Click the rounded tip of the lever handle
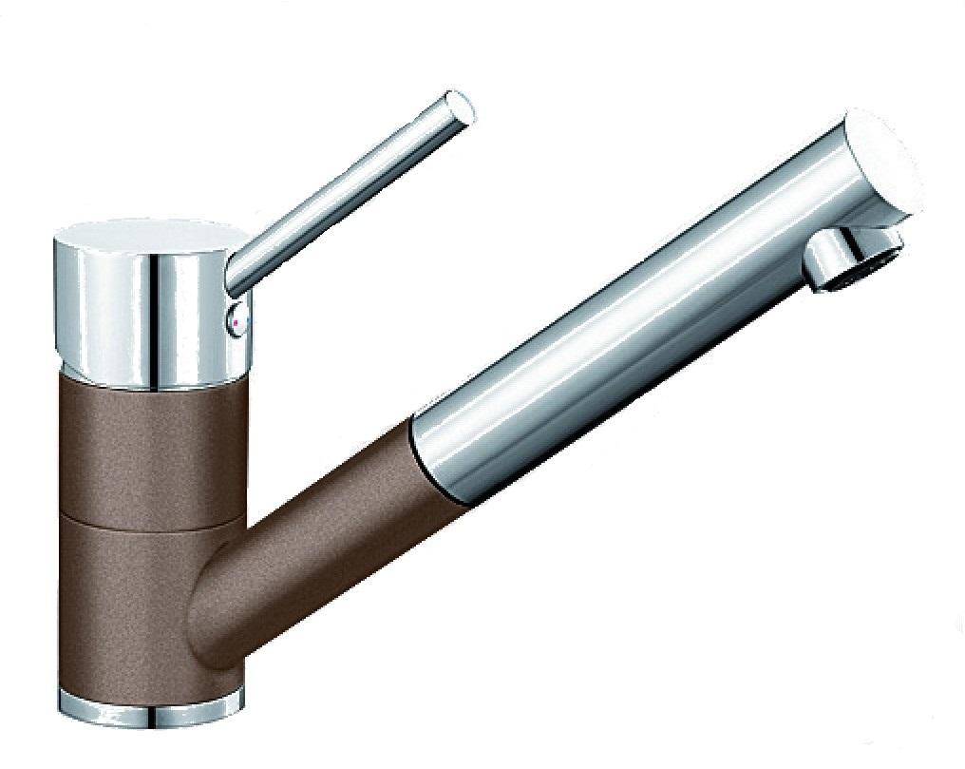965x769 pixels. point(460,106)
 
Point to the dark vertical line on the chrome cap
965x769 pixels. point(152,314)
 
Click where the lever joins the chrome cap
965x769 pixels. point(239,276)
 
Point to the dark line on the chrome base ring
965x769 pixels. point(152,711)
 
